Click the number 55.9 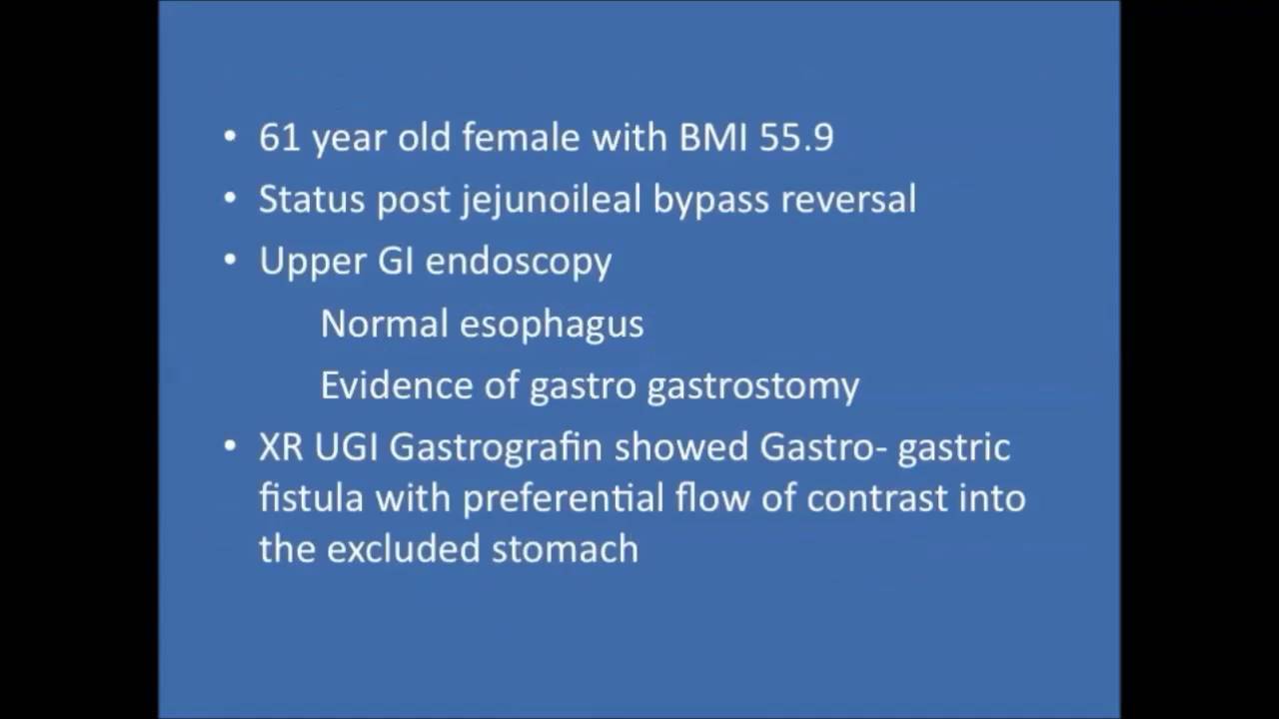click(795, 138)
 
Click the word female click(523, 138)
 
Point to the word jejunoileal click(551, 200)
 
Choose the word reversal click(848, 200)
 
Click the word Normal click(385, 325)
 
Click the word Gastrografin click(496, 447)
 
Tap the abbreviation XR click(281, 447)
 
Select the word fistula click(311, 497)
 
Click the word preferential click(556, 497)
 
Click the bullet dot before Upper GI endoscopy click(231, 260)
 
